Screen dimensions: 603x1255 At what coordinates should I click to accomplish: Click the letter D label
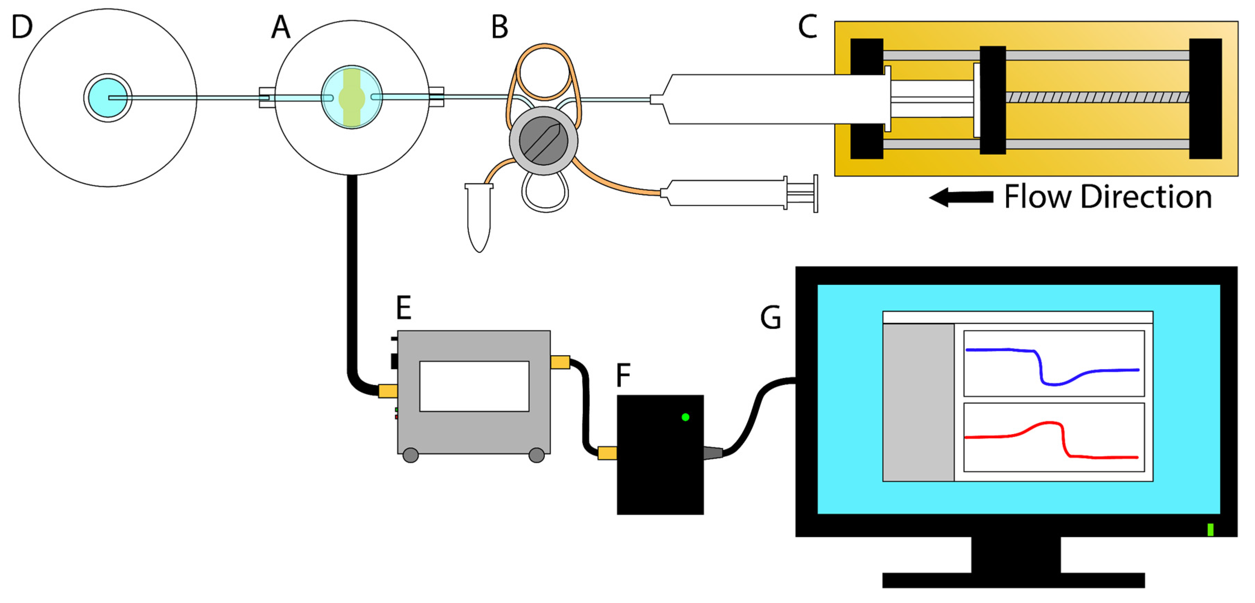[x=22, y=27]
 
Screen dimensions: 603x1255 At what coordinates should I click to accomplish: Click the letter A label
[x=281, y=27]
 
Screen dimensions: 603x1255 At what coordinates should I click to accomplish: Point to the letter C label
[x=807, y=27]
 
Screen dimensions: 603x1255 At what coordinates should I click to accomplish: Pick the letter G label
[x=771, y=318]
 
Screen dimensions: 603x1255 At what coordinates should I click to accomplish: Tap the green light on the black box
[x=685, y=417]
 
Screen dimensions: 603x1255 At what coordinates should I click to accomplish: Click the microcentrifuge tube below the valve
[x=479, y=217]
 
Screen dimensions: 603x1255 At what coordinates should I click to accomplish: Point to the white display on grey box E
[x=474, y=386]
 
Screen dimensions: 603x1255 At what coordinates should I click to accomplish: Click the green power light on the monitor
[x=1210, y=529]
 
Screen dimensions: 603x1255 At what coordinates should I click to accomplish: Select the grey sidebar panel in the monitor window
[x=918, y=402]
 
